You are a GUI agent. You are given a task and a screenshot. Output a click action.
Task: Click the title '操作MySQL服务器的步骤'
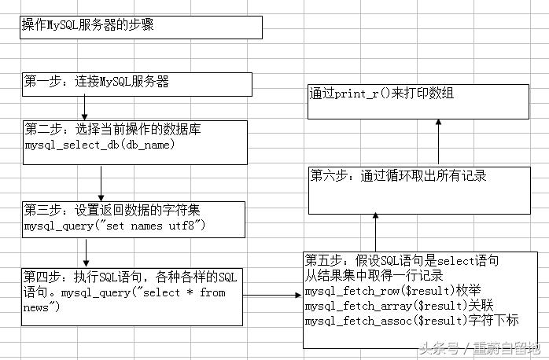[x=87, y=24]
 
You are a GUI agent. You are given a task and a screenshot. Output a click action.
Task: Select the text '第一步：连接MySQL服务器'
[x=97, y=81]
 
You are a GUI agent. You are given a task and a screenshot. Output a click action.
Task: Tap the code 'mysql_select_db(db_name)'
[x=99, y=145]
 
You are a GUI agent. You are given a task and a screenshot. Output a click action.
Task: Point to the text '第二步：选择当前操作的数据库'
[x=112, y=129]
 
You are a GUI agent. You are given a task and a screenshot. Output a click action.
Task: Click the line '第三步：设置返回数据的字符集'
[x=113, y=210]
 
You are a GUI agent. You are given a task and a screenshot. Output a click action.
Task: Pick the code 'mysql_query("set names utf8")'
[x=115, y=226]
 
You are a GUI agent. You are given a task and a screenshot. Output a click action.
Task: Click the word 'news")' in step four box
[x=42, y=307]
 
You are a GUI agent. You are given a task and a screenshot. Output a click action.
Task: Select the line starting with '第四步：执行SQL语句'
[x=130, y=277]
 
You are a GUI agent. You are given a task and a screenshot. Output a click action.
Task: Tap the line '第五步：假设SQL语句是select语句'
[x=402, y=260]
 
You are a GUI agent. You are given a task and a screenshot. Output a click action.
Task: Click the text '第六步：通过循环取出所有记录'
[x=398, y=175]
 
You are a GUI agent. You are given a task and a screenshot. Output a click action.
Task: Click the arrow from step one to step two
[x=83, y=107]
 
